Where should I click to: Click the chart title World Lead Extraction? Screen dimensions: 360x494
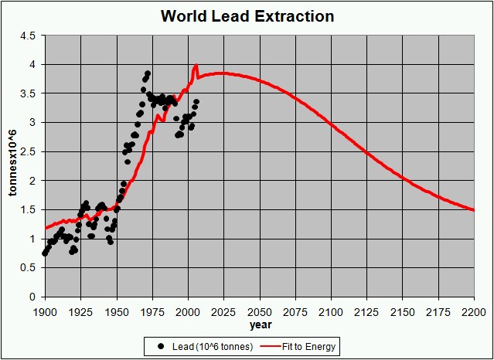click(x=247, y=16)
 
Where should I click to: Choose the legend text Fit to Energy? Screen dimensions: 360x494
click(x=311, y=347)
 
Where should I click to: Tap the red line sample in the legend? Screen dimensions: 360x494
click(x=271, y=347)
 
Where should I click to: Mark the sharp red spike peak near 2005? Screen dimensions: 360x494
click(x=196, y=65)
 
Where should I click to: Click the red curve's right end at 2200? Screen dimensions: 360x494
click(x=474, y=209)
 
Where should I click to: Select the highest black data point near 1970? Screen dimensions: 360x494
click(x=148, y=73)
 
